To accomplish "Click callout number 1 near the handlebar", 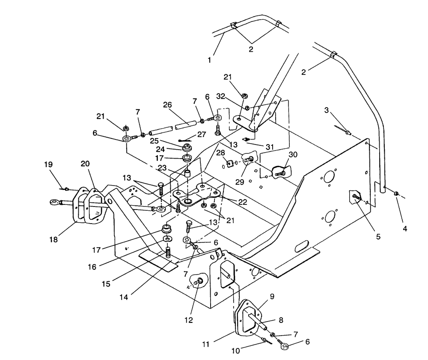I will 209,60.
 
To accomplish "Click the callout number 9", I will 272,296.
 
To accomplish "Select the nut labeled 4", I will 396,194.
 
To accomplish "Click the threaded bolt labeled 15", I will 168,254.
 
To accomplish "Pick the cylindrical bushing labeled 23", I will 187,175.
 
